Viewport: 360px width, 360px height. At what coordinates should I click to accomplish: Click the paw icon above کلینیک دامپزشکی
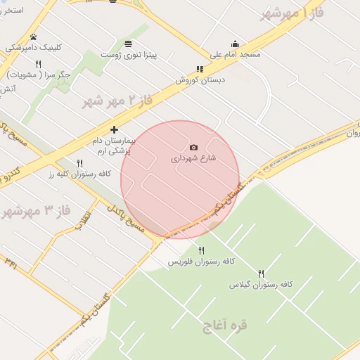[33, 37]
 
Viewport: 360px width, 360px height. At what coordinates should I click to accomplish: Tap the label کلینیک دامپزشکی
[34, 48]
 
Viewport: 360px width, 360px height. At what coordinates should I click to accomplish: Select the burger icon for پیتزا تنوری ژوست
[128, 44]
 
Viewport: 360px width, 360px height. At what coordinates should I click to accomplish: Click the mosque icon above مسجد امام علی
[235, 44]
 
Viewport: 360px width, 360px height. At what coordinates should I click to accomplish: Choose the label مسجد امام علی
[235, 54]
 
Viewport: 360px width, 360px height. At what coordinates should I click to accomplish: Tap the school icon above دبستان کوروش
[200, 70]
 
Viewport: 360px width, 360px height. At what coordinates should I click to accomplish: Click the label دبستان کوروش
[200, 80]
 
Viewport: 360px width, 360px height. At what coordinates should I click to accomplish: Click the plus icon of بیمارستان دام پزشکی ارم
[114, 129]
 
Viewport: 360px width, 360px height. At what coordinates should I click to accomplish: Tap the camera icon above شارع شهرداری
[194, 147]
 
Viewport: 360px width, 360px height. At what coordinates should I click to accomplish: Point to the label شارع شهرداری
[194, 158]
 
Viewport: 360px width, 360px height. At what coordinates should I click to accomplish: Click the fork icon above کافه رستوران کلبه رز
[79, 163]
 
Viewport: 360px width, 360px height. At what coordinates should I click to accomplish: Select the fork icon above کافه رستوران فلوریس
[202, 250]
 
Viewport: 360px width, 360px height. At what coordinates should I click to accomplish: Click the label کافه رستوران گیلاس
[261, 285]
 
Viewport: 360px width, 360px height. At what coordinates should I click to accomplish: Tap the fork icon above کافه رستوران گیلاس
[261, 274]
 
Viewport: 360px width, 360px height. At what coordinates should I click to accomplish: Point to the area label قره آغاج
[225, 326]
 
